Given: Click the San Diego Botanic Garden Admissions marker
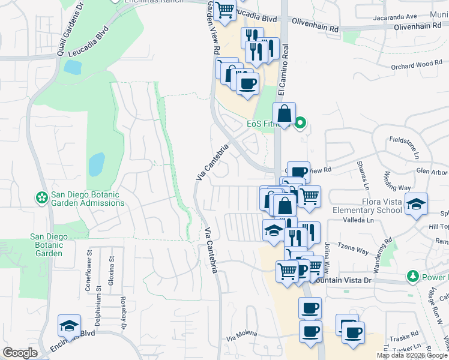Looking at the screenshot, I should click(41, 197).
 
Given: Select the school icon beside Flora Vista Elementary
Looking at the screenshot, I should click(416, 203).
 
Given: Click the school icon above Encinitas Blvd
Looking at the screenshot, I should click(69, 325).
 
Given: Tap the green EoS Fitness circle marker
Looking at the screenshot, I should click(301, 124).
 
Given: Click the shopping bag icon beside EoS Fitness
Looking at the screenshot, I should click(284, 113).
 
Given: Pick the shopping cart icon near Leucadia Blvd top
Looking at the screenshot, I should click(224, 10).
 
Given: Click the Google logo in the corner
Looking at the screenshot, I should click(19, 353).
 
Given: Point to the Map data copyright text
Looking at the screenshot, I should click(412, 355).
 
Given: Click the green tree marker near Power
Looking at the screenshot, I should click(412, 277).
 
